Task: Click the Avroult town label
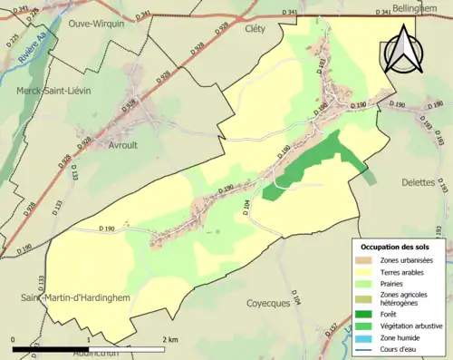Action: tap(111, 143)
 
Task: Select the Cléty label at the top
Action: tap(254, 27)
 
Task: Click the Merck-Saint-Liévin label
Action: tap(53, 91)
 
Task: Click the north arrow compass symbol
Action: tap(401, 48)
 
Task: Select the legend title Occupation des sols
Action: tap(396, 246)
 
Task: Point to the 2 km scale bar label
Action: tap(171, 339)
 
